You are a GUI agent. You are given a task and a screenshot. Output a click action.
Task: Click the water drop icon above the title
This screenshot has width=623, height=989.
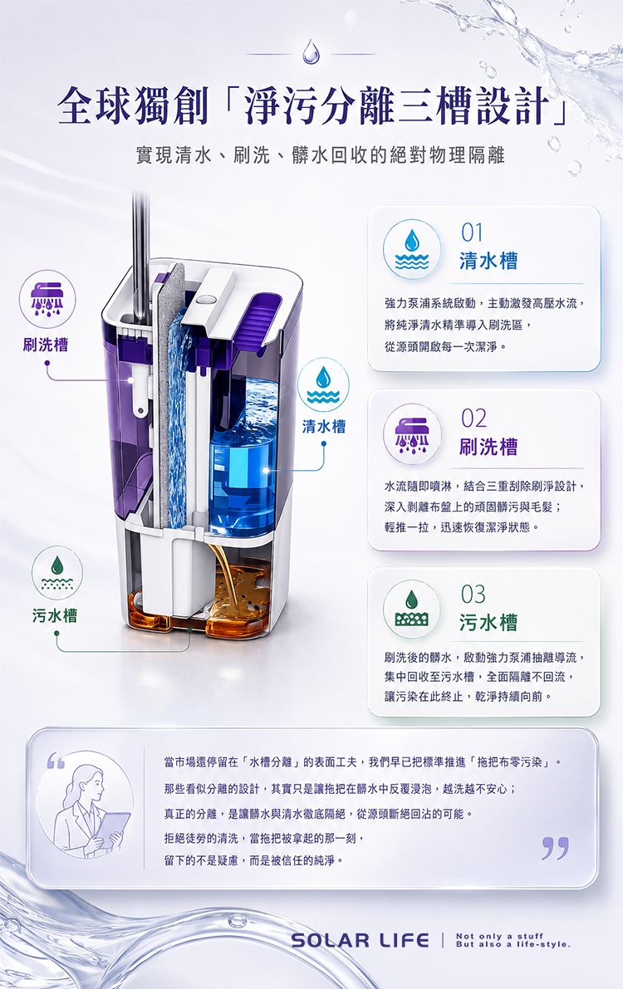311,51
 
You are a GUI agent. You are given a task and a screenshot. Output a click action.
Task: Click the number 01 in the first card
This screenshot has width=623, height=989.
472,233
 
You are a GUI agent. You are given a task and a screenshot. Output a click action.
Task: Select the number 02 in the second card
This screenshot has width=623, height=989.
473,419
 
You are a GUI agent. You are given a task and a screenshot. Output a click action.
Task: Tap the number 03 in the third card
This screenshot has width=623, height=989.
473,595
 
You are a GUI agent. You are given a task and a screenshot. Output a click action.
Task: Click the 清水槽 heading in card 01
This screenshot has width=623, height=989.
488,261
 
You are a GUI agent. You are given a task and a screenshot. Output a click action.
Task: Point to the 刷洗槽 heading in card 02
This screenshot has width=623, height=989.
488,447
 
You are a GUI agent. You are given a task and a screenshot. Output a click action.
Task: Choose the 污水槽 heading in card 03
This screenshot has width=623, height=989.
488,623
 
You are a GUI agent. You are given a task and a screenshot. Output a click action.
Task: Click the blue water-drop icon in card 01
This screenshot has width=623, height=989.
411,250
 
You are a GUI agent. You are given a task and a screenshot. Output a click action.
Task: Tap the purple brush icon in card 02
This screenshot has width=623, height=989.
411,434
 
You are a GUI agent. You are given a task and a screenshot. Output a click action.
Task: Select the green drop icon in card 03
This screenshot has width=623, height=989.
411,610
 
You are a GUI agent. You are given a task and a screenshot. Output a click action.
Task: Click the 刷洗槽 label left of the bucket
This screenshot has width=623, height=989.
46,345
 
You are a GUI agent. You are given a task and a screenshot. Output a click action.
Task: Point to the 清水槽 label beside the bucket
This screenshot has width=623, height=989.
324,426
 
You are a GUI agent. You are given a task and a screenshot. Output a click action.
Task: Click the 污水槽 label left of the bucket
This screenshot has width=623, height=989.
55,615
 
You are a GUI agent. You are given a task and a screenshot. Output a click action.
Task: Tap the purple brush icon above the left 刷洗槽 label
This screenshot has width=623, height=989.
47,299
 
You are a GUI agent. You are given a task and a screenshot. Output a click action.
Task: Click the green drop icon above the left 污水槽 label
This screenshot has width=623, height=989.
57,573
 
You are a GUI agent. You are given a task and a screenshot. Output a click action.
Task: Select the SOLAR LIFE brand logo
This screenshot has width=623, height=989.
361,941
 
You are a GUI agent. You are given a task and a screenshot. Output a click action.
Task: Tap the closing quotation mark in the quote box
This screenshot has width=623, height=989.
555,849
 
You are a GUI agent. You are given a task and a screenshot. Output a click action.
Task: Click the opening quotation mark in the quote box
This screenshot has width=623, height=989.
56,761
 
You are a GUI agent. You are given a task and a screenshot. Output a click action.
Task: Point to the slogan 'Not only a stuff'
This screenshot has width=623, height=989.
499,936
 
